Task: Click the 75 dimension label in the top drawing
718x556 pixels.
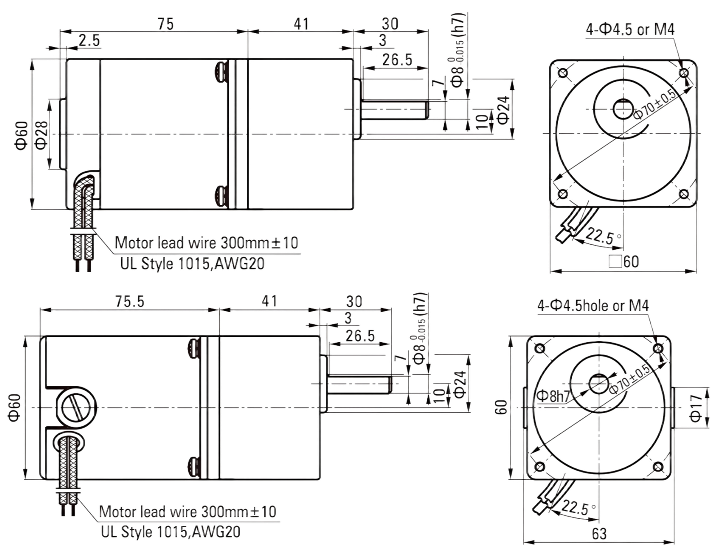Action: click(x=165, y=24)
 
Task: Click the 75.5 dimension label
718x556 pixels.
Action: click(x=130, y=301)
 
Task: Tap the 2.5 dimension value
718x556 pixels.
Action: click(x=89, y=41)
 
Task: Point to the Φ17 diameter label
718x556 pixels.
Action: click(x=696, y=408)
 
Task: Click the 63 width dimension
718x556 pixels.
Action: click(x=599, y=534)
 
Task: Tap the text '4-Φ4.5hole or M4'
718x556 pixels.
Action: click(x=593, y=306)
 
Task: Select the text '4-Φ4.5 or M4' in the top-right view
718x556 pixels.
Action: click(x=630, y=30)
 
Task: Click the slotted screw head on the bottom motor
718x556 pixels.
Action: click(x=76, y=408)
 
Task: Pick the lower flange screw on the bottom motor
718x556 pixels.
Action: click(x=194, y=467)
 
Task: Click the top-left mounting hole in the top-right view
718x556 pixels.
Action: click(x=563, y=73)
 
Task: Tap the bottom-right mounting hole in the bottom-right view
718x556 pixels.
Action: click(x=658, y=467)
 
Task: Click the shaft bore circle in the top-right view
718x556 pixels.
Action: click(x=623, y=109)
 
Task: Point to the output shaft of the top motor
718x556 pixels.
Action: click(x=395, y=110)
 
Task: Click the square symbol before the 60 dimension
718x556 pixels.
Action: click(x=615, y=261)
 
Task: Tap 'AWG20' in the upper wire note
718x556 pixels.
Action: click(x=240, y=264)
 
